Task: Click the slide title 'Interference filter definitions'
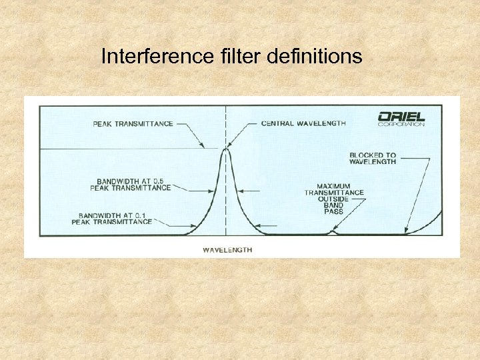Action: pos(231,57)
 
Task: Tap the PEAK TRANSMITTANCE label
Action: pos(133,123)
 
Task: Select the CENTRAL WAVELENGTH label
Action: pos(303,123)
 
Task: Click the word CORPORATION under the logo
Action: pos(401,124)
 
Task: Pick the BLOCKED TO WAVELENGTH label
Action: pos(373,159)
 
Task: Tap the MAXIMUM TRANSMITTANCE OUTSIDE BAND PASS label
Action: pos(334,199)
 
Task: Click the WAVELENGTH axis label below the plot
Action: pos(227,250)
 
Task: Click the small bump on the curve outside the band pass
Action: pos(333,233)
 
